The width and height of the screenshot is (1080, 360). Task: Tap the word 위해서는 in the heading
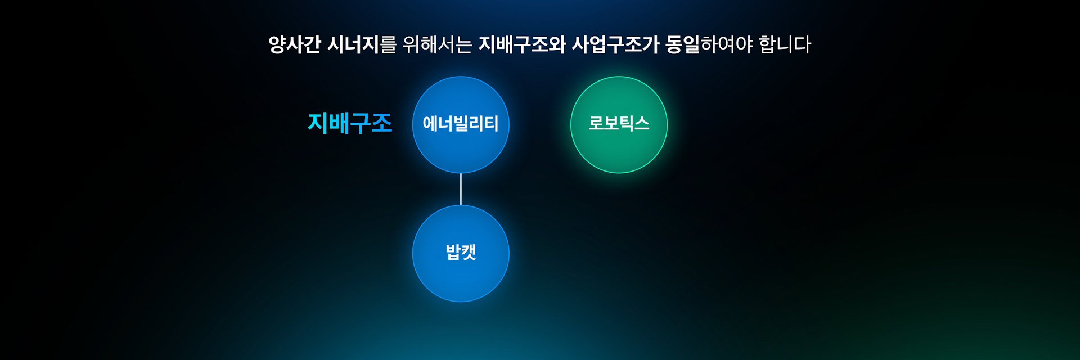(437, 44)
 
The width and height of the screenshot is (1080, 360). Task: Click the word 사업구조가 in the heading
(615, 44)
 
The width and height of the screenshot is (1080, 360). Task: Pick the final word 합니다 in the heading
(785, 44)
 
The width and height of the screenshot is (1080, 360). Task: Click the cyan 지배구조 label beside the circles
(349, 123)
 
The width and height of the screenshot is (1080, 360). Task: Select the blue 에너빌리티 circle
(461, 124)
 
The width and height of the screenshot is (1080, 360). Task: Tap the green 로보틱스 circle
(619, 124)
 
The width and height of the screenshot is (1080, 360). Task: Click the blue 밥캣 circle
(461, 253)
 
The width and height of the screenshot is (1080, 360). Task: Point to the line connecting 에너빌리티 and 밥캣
(461, 189)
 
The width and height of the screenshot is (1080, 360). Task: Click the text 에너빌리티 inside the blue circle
(461, 124)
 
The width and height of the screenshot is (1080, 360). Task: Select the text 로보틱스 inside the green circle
(619, 123)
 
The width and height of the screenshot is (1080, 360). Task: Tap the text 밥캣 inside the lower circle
(461, 252)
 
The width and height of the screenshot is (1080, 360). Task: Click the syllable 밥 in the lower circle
(453, 252)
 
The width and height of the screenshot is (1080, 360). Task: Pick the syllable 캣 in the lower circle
(469, 252)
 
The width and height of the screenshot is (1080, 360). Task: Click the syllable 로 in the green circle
(596, 123)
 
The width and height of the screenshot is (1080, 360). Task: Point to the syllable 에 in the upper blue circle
(430, 124)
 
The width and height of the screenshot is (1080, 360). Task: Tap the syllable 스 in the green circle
(642, 123)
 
